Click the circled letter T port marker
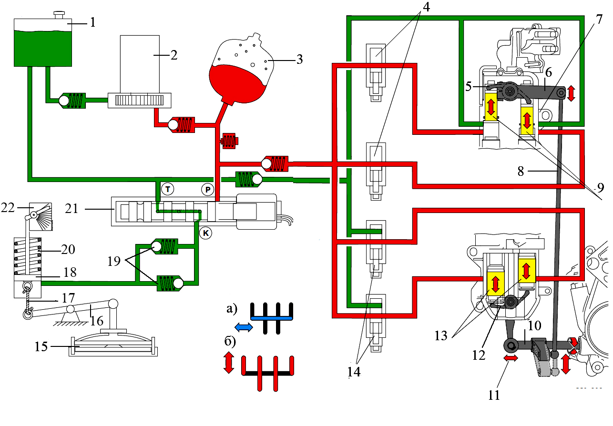[x=167, y=188]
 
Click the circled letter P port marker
[x=208, y=189]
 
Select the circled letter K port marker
[x=205, y=233]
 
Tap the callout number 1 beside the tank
[x=93, y=22]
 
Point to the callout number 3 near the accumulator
[x=299, y=60]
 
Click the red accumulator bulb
[x=238, y=79]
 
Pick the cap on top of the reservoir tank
[x=60, y=14]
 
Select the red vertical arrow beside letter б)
[x=229, y=362]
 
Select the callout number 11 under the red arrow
[x=494, y=395]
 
